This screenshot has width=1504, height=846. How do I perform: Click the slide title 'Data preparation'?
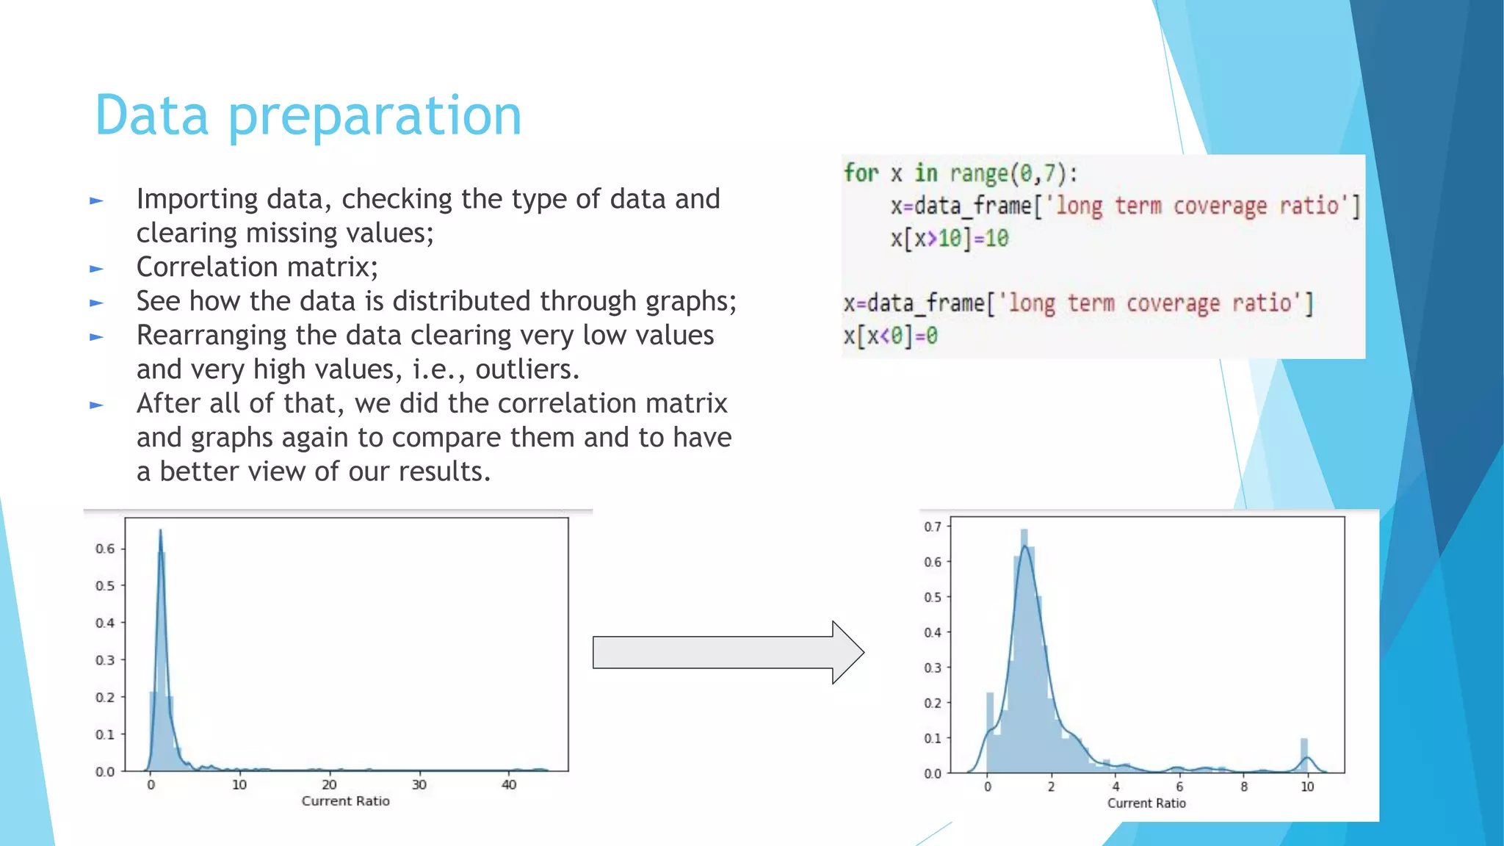[308, 115]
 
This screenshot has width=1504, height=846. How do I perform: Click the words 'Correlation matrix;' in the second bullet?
[257, 267]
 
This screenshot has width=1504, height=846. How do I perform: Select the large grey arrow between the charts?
[727, 652]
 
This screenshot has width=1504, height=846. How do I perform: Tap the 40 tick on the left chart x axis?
[509, 785]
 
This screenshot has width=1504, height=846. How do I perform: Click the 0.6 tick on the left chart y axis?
[105, 549]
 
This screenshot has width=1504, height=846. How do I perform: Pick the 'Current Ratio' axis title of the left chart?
[345, 801]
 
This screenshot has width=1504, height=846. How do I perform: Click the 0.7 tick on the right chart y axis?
[932, 527]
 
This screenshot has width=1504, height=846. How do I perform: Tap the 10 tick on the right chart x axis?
[1307, 787]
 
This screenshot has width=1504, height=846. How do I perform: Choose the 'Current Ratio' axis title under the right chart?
[1146, 803]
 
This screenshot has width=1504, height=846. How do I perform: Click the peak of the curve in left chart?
[160, 531]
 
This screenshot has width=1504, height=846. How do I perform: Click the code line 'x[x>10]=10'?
[950, 239]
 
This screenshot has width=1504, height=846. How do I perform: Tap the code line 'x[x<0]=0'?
[890, 336]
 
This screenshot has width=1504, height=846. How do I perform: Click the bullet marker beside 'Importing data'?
[96, 200]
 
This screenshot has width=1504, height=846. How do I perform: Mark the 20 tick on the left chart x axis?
[329, 785]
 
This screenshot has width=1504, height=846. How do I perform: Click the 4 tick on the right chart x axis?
[1115, 787]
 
